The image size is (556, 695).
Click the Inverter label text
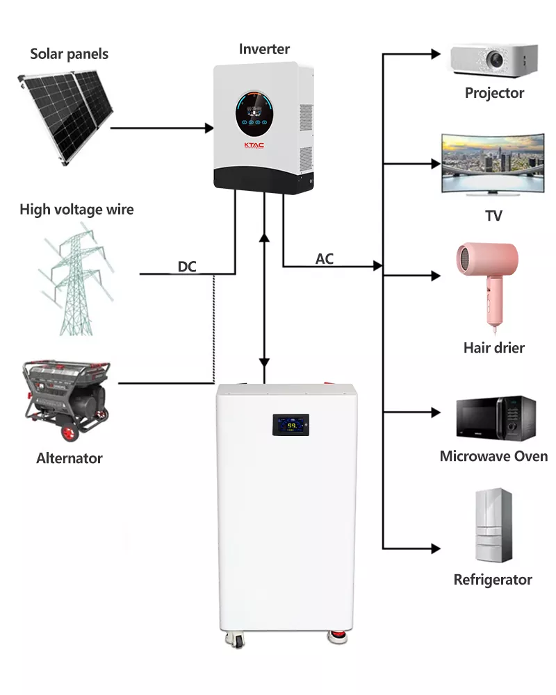point(264,49)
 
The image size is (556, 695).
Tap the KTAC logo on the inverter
point(254,145)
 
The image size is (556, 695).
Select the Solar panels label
point(69,54)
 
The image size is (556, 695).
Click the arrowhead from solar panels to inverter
point(209,128)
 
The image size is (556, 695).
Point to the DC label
point(187,267)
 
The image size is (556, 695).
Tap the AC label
point(325,259)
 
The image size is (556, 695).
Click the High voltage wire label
point(76,209)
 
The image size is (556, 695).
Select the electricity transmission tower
point(76,280)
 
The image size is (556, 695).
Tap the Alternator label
point(69,458)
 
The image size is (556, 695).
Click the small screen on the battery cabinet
point(291,425)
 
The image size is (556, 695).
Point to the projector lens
point(495,59)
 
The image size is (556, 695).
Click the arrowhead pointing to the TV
point(436,164)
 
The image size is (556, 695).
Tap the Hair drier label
point(494,348)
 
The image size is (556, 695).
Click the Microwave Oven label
point(493,456)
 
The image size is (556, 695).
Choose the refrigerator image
point(493,525)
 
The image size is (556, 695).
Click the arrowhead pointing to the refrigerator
point(436,549)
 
